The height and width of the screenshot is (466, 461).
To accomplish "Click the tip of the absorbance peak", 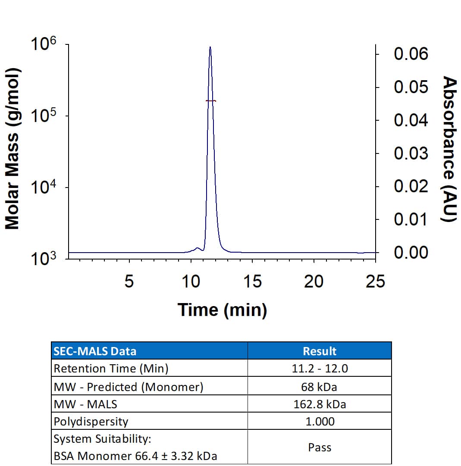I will pyautogui.click(x=210, y=47).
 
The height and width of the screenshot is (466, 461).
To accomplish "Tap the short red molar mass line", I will pyautogui.click(x=210, y=101).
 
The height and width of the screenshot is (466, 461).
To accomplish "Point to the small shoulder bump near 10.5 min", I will pyautogui.click(x=198, y=248).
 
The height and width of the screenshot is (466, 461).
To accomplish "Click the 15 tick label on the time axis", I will pyautogui.click(x=252, y=282).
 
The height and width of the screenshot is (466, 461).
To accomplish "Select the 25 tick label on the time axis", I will pyautogui.click(x=375, y=282).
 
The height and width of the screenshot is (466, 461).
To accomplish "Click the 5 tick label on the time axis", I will pyautogui.click(x=129, y=282).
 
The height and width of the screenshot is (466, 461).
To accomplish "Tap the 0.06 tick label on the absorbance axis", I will pyautogui.click(x=411, y=54).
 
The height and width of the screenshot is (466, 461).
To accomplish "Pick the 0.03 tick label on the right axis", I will pyautogui.click(x=411, y=153).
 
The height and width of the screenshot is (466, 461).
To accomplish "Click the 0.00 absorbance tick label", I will pyautogui.click(x=411, y=253).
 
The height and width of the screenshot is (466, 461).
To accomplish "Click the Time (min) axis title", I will pyautogui.click(x=223, y=310).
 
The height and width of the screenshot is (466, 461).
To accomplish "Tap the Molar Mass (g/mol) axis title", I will pyautogui.click(x=13, y=149).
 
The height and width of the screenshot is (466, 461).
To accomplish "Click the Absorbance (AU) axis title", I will pyautogui.click(x=450, y=149).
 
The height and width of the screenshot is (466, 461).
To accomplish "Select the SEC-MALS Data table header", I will pyautogui.click(x=94, y=351).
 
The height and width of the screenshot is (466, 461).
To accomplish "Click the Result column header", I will pyautogui.click(x=320, y=351).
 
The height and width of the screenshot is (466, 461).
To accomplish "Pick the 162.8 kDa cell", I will pyautogui.click(x=320, y=404).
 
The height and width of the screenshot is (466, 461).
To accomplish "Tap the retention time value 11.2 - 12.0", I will pyautogui.click(x=320, y=369).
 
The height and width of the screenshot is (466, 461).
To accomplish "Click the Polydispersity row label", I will pyautogui.click(x=91, y=421).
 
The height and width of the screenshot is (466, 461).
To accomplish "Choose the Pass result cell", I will pyautogui.click(x=320, y=447).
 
